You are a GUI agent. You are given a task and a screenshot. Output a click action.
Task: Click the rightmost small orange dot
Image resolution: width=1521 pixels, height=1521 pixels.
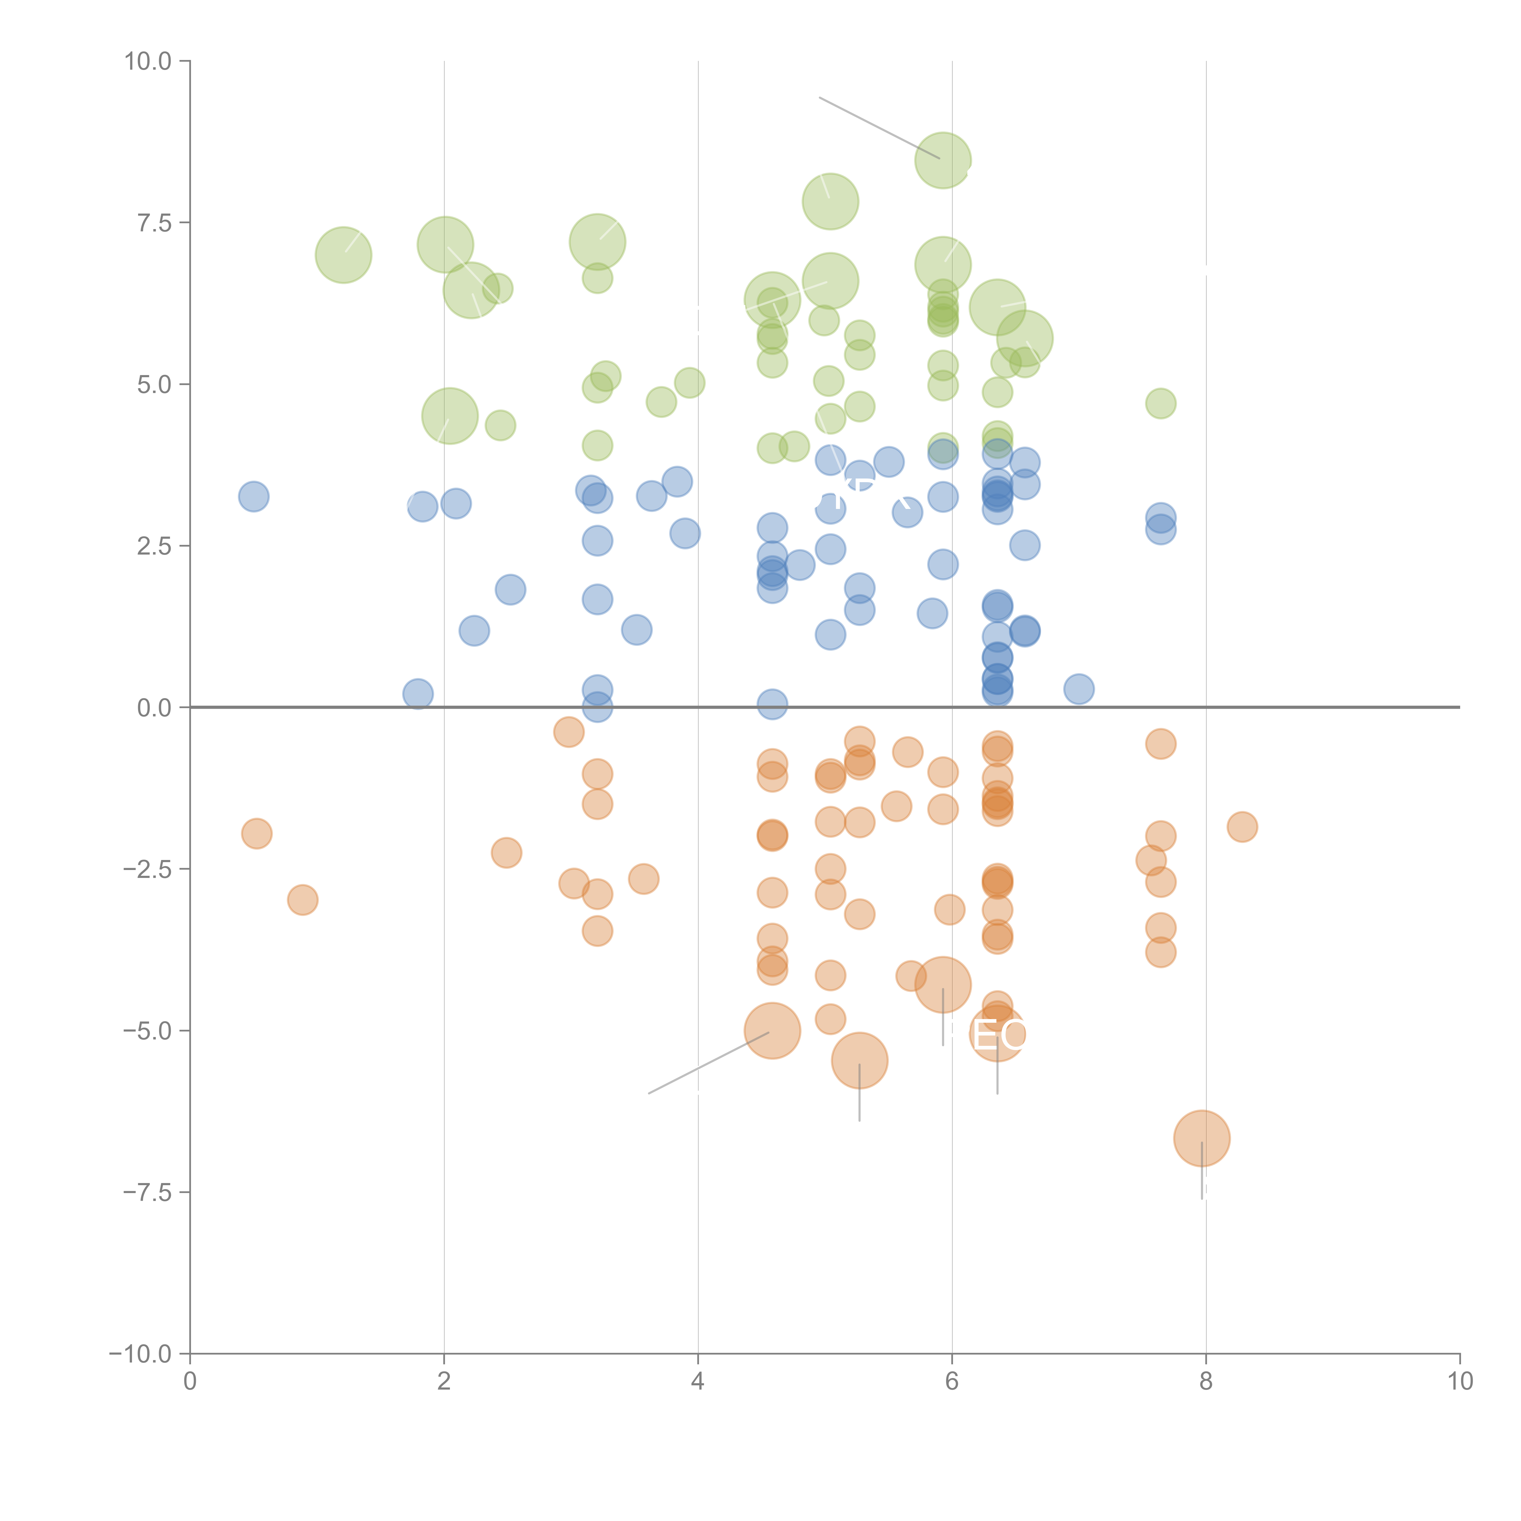pos(1241,827)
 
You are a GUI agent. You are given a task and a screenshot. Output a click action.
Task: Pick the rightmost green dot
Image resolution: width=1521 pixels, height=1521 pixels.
pos(1161,404)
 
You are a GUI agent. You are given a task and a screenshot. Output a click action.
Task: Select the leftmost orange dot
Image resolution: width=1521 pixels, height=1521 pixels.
pos(257,833)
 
